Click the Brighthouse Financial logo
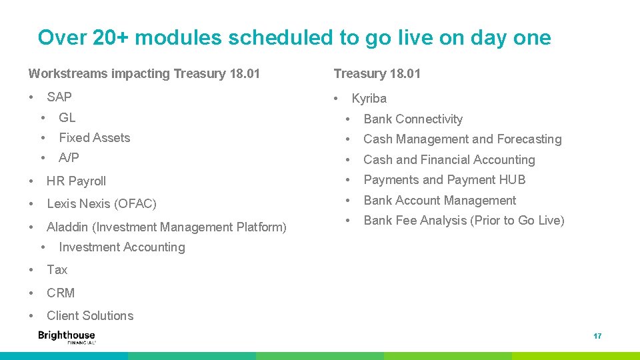(x=67, y=337)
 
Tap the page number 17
(x=597, y=336)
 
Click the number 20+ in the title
(x=111, y=37)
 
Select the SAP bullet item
(x=59, y=97)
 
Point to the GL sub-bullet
(x=67, y=117)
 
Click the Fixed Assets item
(x=95, y=137)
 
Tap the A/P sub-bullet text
(x=69, y=157)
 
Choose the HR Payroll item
(x=76, y=181)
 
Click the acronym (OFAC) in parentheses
(x=135, y=204)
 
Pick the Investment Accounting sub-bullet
(x=122, y=247)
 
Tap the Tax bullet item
(x=57, y=270)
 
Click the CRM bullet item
(x=61, y=293)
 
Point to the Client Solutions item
(x=90, y=315)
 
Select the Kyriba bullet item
(x=369, y=99)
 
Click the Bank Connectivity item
(x=413, y=119)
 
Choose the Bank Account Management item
(x=440, y=201)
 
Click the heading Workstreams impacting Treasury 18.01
(x=144, y=73)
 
